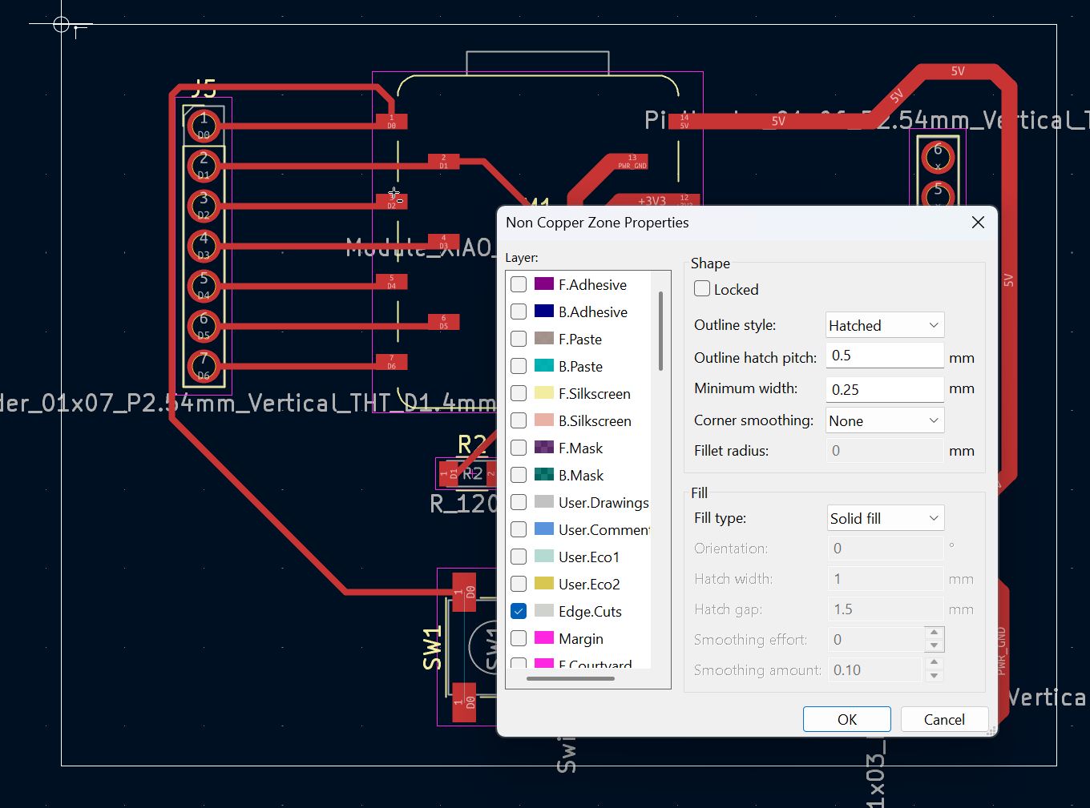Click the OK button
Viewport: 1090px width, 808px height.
pyautogui.click(x=846, y=719)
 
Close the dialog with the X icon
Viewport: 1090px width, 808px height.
pyautogui.click(x=978, y=223)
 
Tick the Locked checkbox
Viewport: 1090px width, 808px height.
pyautogui.click(x=702, y=289)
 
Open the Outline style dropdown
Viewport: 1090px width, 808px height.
pyautogui.click(x=885, y=325)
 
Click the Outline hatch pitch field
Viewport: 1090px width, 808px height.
pyautogui.click(x=884, y=356)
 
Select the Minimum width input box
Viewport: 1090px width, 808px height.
pyautogui.click(x=884, y=389)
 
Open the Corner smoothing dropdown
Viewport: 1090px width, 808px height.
pyautogui.click(x=885, y=420)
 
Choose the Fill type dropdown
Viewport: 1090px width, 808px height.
pyautogui.click(x=885, y=518)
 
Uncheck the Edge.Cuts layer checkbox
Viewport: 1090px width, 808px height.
pyautogui.click(x=519, y=611)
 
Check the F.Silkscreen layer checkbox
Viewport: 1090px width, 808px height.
pyautogui.click(x=519, y=393)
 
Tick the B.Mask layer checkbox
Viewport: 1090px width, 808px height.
pyautogui.click(x=519, y=475)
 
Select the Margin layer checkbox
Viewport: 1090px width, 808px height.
pyautogui.click(x=519, y=638)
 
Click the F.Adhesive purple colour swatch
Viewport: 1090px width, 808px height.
pyautogui.click(x=544, y=284)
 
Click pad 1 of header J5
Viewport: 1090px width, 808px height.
pyautogui.click(x=204, y=126)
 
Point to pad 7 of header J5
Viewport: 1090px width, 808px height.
pyautogui.click(x=204, y=366)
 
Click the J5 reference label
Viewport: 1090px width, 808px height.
pyautogui.click(x=204, y=88)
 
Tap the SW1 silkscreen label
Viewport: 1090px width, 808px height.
pyautogui.click(x=433, y=648)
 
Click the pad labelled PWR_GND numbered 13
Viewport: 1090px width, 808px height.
pyautogui.click(x=632, y=163)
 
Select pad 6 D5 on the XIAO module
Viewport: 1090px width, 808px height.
pyautogui.click(x=443, y=322)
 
